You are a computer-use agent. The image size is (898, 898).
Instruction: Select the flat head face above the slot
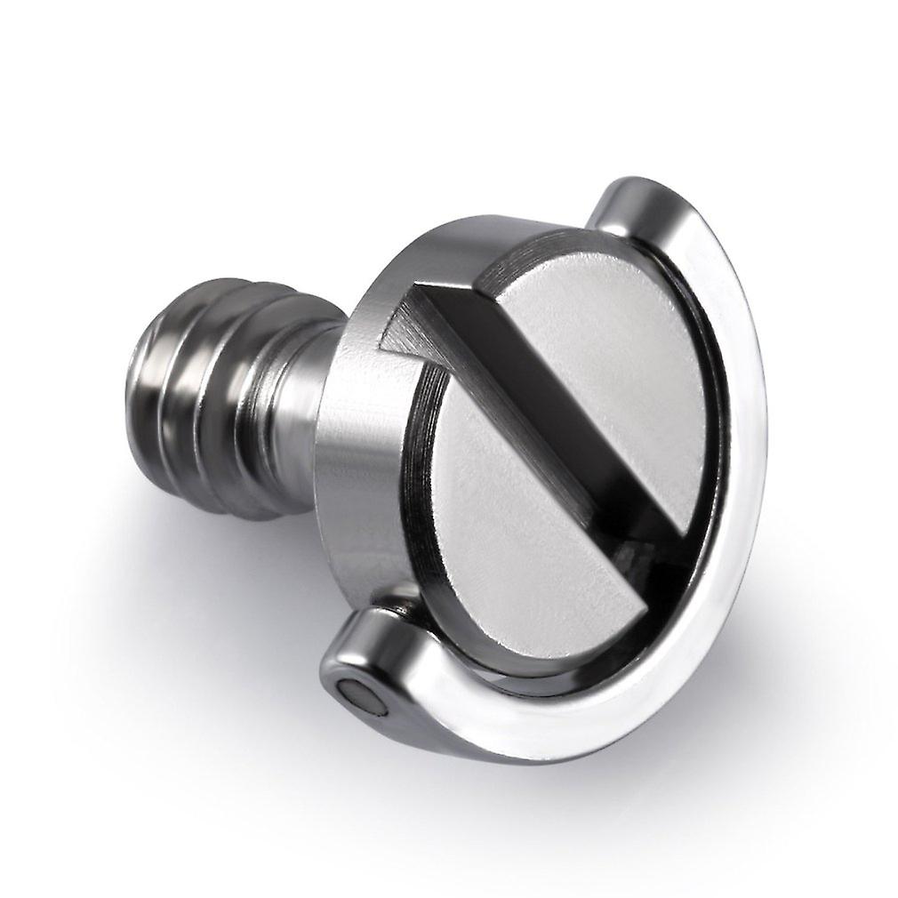click(605, 356)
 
